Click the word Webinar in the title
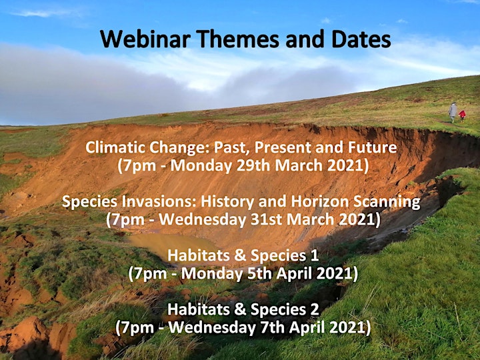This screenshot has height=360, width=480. [x=145, y=39]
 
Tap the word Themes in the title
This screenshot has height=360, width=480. [x=237, y=39]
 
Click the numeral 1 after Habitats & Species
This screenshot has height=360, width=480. [x=315, y=255]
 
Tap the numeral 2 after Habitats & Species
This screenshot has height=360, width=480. [x=315, y=309]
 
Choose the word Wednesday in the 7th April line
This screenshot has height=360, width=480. [x=212, y=328]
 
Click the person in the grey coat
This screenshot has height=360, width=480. [x=453, y=113]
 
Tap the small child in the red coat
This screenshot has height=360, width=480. [x=462, y=116]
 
